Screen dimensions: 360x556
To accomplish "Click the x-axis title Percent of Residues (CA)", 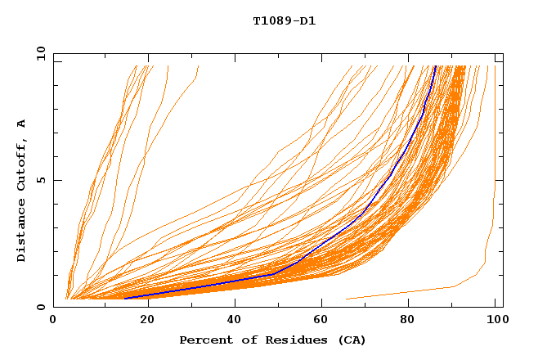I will point(272,340).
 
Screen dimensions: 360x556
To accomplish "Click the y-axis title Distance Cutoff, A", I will point(21,191).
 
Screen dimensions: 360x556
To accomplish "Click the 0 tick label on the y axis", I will point(41,307).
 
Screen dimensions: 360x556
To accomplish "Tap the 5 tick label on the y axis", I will point(41,181).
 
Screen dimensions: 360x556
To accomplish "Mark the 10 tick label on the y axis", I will point(38,54).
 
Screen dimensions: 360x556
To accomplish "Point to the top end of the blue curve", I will point(436,66).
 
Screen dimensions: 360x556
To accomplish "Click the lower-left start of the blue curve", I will point(125,298).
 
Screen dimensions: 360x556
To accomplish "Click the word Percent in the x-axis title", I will point(202,340).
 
